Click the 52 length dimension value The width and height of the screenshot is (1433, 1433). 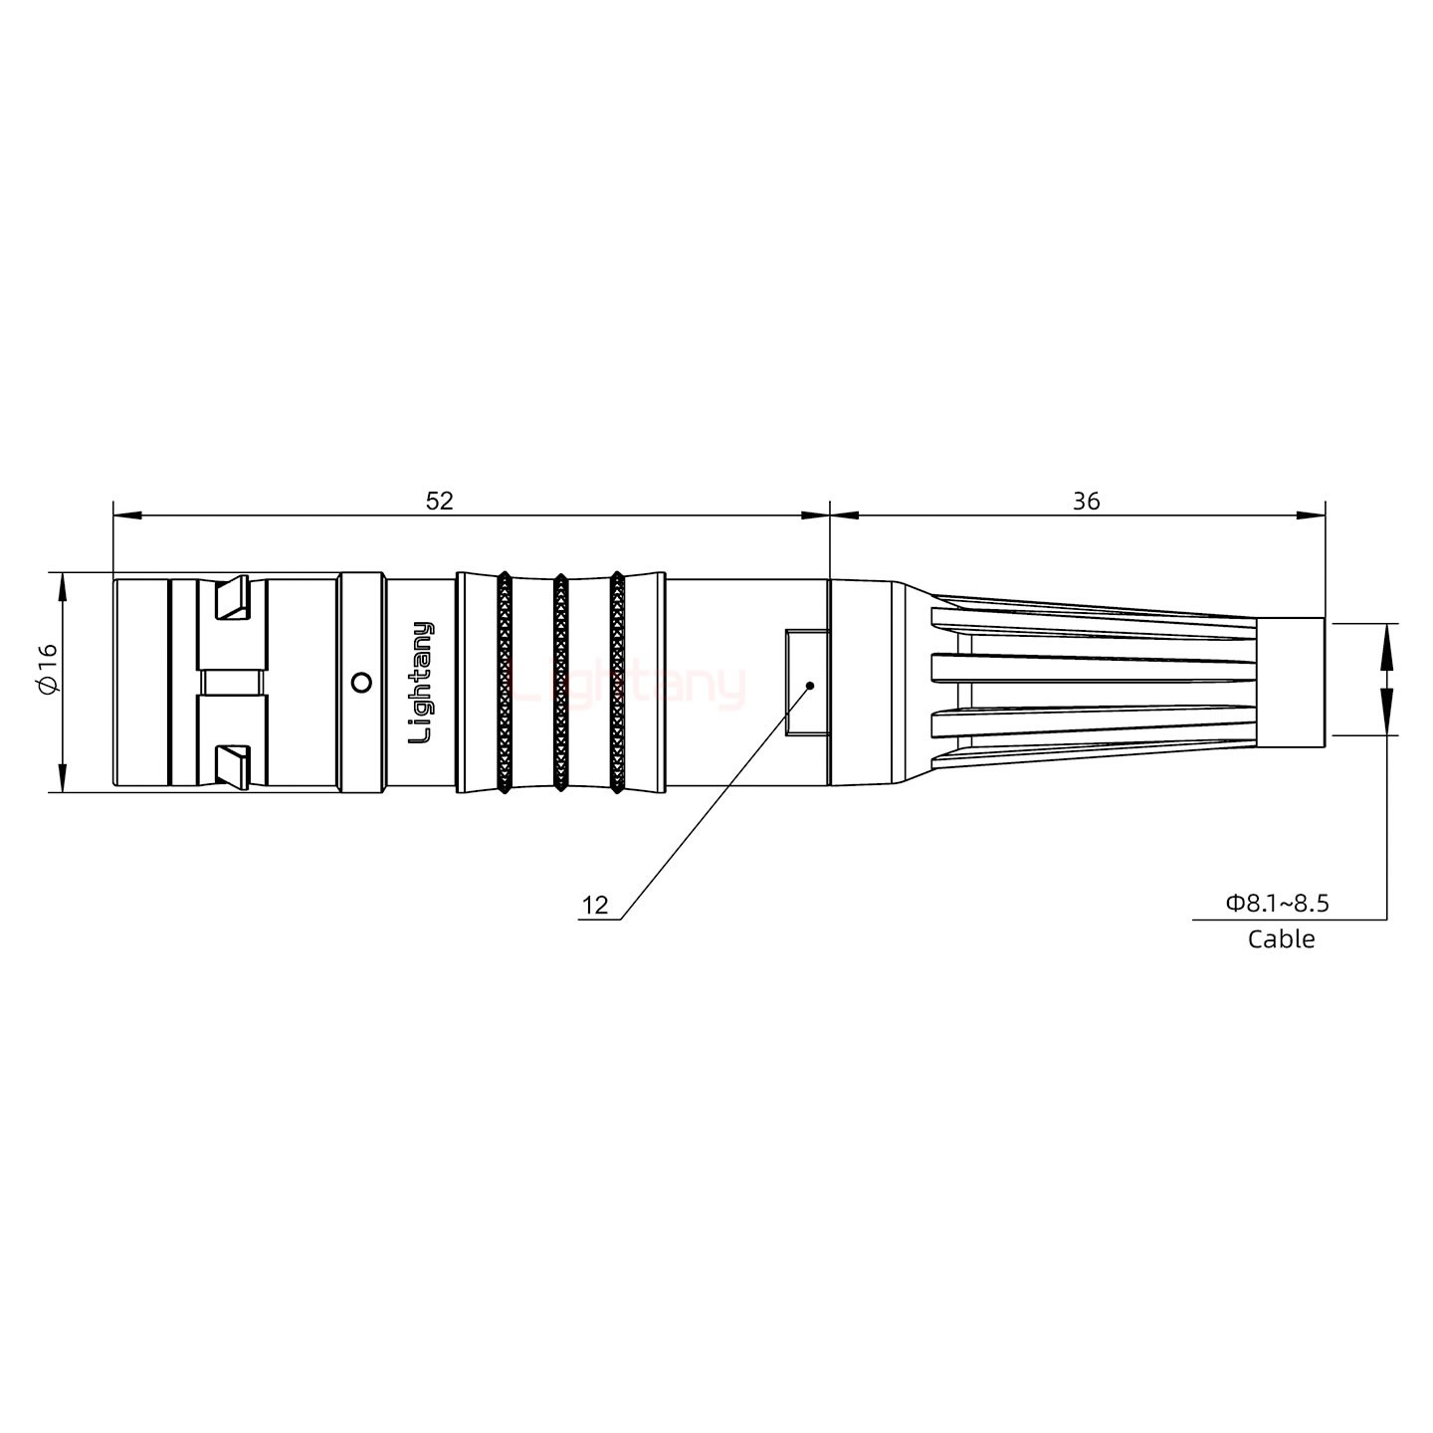point(439,501)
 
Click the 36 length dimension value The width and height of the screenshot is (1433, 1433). point(1086,501)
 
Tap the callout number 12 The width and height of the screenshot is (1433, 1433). point(595,905)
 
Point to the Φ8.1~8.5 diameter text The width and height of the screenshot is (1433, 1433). point(1278,903)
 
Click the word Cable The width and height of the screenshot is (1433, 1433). point(1281,938)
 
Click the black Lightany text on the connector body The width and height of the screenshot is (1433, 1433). point(422,683)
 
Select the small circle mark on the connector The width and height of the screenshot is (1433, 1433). point(362,682)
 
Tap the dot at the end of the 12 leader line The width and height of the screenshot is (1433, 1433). point(810,686)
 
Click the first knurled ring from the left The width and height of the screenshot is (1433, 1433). point(504,683)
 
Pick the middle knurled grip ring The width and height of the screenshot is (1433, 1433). point(560,683)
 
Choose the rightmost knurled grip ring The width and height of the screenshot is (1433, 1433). point(617,683)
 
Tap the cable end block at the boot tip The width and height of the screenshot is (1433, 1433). point(1290,682)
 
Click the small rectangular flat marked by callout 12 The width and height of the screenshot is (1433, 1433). point(805,682)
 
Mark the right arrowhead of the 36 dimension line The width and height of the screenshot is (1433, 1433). point(1313,515)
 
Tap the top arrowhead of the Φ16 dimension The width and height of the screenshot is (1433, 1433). point(63,586)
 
